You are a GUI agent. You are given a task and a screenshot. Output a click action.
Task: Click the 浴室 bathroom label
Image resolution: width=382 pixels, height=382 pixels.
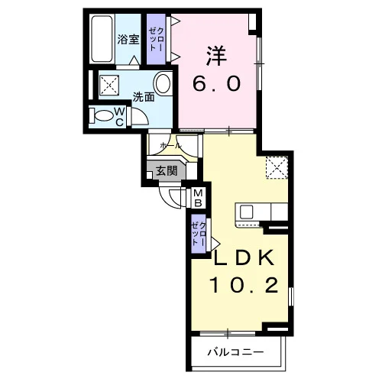[128, 40]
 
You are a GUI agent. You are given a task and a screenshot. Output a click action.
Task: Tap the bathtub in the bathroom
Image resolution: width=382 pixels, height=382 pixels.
[102, 38]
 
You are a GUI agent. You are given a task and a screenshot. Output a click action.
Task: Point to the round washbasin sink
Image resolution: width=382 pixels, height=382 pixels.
[163, 83]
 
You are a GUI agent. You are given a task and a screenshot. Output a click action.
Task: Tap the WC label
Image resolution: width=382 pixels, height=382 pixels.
[119, 117]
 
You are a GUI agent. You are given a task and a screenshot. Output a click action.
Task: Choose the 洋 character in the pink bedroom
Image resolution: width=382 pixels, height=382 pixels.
[216, 56]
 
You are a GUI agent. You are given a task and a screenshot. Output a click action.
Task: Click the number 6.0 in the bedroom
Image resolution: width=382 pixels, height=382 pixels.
[216, 83]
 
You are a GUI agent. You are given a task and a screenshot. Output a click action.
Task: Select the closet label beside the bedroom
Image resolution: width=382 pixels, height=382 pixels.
[156, 39]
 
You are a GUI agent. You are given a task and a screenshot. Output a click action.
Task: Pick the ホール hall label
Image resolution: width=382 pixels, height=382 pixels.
[170, 146]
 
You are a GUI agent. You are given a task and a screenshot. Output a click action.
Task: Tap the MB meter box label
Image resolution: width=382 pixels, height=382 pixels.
[198, 198]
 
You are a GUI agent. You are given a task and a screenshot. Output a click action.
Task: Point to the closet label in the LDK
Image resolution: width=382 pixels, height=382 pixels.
[199, 234]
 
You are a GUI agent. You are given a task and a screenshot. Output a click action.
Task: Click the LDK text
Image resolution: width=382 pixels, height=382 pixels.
[244, 257]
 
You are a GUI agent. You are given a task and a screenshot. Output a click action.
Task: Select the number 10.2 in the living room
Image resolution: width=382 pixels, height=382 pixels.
[244, 285]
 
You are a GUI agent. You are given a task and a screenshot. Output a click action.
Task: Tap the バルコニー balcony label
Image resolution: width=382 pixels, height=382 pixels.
[235, 352]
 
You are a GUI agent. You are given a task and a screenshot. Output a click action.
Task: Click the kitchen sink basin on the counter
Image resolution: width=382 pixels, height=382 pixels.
[246, 212]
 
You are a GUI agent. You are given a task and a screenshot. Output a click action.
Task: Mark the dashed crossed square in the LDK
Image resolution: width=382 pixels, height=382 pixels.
[277, 167]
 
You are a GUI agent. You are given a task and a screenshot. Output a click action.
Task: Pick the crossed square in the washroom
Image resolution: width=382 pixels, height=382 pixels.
[109, 85]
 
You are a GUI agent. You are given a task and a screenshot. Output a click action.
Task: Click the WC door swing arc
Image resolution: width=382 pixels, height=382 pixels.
[143, 114]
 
